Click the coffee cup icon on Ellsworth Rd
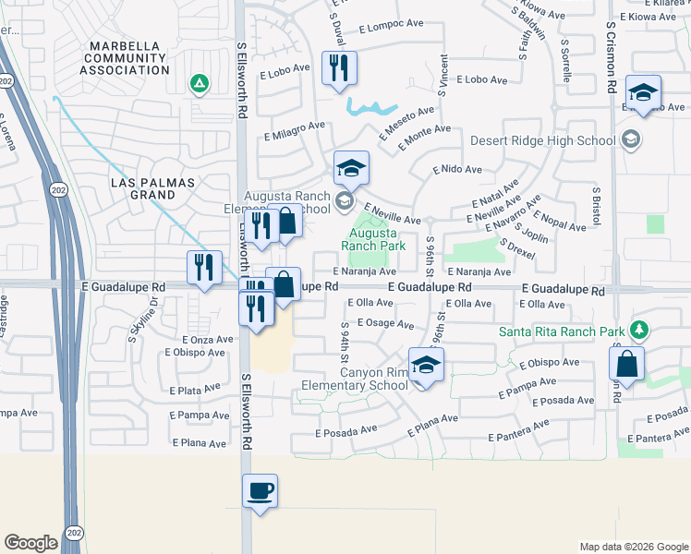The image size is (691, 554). click(x=260, y=490)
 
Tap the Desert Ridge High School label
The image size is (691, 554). click(x=541, y=141)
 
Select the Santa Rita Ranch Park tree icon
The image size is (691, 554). click(x=638, y=330)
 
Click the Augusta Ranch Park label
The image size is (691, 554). click(x=373, y=240)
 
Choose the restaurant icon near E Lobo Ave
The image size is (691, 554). click(x=339, y=68)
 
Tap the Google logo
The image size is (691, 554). click(x=30, y=543)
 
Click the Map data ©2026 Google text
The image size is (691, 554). click(x=633, y=547)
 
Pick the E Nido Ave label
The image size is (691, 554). click(x=457, y=170)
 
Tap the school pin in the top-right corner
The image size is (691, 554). click(x=642, y=92)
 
